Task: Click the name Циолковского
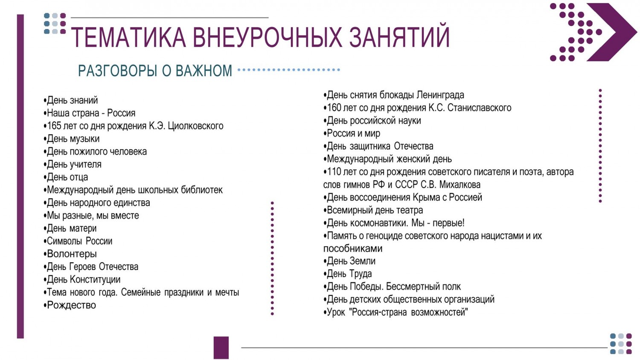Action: click(x=195, y=126)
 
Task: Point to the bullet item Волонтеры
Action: click(x=70, y=254)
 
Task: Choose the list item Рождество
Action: click(x=70, y=305)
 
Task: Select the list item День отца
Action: click(x=66, y=177)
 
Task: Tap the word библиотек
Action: click(x=201, y=190)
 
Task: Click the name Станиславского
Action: click(x=480, y=108)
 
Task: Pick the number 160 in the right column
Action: click(x=334, y=108)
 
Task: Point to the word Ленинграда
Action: click(x=440, y=95)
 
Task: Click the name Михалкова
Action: click(x=460, y=185)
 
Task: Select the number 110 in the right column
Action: click(x=334, y=172)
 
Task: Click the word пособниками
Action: click(x=352, y=248)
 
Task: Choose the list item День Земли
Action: click(x=349, y=261)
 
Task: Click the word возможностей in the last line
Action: click(x=439, y=312)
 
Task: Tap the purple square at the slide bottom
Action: click(x=221, y=348)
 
